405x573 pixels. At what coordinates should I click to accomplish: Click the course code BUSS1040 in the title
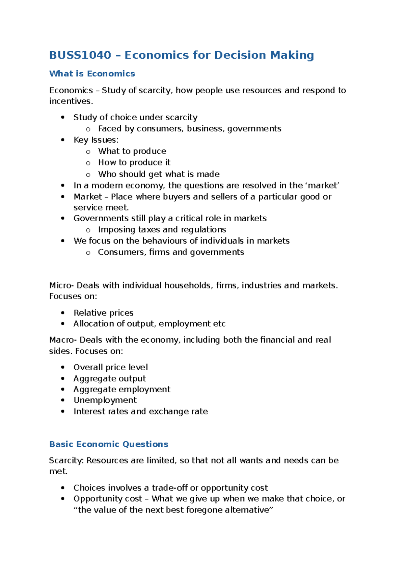[80, 55]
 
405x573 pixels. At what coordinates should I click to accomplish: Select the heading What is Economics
[92, 74]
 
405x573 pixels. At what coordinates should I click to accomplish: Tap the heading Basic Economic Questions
[108, 444]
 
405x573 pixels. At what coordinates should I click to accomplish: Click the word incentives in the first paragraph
[70, 101]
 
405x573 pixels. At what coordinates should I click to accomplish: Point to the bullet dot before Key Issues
[62, 140]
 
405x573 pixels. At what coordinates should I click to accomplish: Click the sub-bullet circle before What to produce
[88, 152]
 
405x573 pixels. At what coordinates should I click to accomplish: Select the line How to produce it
[134, 163]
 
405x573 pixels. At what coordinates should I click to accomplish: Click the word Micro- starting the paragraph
[61, 285]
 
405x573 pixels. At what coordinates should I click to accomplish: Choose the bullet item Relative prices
[103, 313]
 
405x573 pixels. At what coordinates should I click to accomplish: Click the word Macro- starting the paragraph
[62, 340]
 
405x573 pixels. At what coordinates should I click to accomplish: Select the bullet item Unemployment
[105, 400]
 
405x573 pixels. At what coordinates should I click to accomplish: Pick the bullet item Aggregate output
[109, 379]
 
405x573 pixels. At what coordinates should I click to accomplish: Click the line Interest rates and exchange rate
[140, 412]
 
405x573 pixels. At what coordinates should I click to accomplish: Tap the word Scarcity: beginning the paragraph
[66, 460]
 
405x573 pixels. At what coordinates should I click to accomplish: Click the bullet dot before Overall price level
[62, 367]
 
